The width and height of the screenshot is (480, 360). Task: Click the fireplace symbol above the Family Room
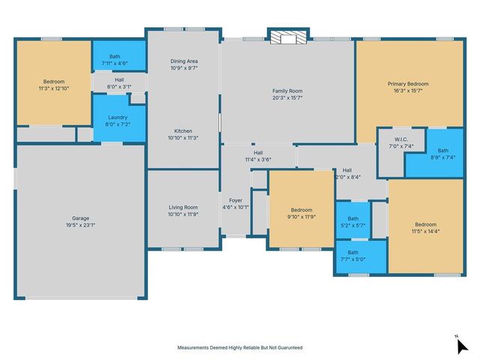pyautogui.click(x=288, y=37)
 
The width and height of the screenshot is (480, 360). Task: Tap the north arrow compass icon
pyautogui.click(x=462, y=345)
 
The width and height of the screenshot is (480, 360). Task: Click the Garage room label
pyautogui.click(x=80, y=218)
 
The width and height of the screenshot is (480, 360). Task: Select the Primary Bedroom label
pyautogui.click(x=408, y=84)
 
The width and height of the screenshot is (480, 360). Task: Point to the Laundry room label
pyautogui.click(x=118, y=117)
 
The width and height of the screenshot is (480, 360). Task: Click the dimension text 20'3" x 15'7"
pyautogui.click(x=287, y=98)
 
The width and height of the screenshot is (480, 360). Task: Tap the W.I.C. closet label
pyautogui.click(x=401, y=139)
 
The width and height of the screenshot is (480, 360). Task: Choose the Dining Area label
pyautogui.click(x=184, y=61)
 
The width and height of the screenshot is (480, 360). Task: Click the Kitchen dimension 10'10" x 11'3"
pyautogui.click(x=183, y=138)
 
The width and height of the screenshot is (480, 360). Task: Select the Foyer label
pyautogui.click(x=235, y=200)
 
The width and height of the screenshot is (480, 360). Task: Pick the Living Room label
pyautogui.click(x=183, y=207)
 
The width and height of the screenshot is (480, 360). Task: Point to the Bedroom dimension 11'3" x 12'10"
pyautogui.click(x=54, y=88)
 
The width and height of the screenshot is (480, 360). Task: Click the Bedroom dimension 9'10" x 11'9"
pyautogui.click(x=301, y=217)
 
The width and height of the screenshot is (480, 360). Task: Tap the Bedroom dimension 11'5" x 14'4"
pyautogui.click(x=426, y=232)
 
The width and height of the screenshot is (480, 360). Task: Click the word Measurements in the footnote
pyautogui.click(x=193, y=348)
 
